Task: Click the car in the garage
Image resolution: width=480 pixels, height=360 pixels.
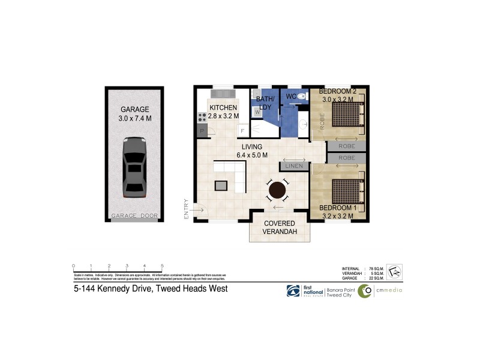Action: pyautogui.click(x=134, y=167)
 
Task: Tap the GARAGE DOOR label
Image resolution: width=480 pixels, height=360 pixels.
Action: pyautogui.click(x=134, y=215)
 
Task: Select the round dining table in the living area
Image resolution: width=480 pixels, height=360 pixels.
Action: pyautogui.click(x=277, y=191)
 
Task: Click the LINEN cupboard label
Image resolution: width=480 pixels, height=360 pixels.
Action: pyautogui.click(x=293, y=166)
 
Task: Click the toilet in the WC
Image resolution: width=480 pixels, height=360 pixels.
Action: pyautogui.click(x=302, y=96)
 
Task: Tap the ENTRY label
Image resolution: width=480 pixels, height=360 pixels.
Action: pyautogui.click(x=187, y=209)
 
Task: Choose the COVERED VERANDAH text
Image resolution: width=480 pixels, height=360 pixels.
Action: pyautogui.click(x=280, y=228)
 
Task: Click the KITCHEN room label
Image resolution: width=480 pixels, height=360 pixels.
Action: pyautogui.click(x=223, y=107)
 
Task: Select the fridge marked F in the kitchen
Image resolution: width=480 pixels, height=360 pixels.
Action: pyautogui.click(x=242, y=130)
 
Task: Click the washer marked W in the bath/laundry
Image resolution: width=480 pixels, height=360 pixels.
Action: pyautogui.click(x=257, y=112)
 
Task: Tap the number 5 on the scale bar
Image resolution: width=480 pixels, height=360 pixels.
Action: pyautogui.click(x=163, y=265)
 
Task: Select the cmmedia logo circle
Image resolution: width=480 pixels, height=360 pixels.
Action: pyautogui.click(x=365, y=291)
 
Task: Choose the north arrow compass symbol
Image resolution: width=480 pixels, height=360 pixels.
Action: pyautogui.click(x=394, y=272)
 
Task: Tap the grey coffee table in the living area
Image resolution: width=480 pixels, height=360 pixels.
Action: pyautogui.click(x=221, y=185)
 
